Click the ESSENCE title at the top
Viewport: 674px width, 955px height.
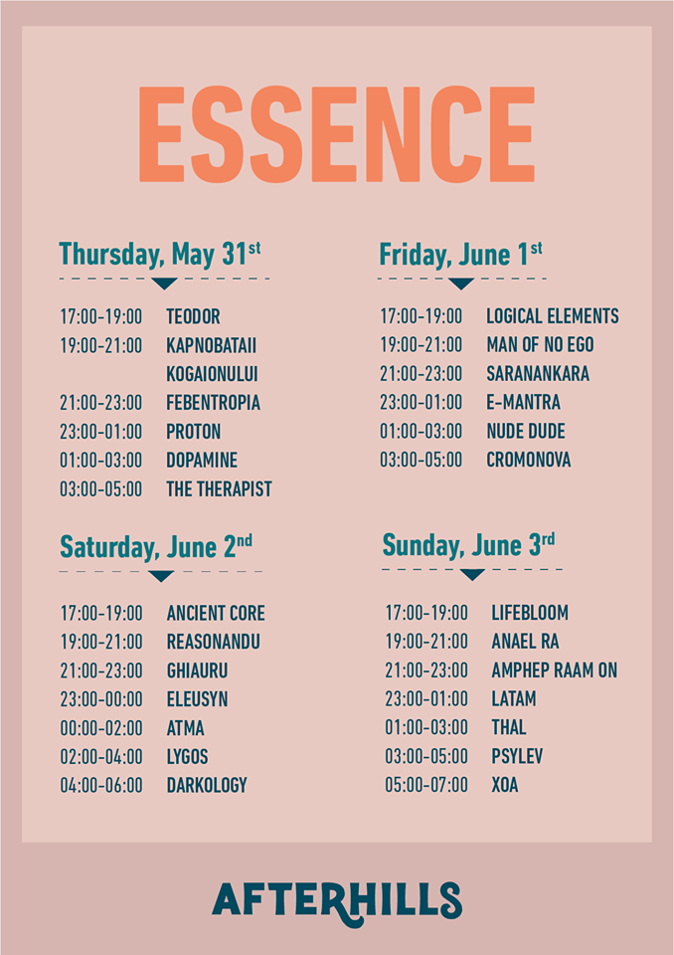pos(337,134)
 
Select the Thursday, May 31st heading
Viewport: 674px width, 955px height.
pos(159,255)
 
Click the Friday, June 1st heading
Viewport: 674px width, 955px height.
pos(460,255)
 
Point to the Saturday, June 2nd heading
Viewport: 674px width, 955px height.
pos(156,547)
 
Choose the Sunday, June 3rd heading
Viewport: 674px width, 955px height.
pos(468,545)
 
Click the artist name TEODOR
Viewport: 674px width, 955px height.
pos(193,316)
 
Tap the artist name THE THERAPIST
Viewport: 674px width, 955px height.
pos(219,489)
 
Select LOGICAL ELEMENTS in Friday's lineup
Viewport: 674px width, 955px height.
pos(553,316)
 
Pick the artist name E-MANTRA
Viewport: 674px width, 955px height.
pos(523,403)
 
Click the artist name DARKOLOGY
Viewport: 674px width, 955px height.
pos(207,785)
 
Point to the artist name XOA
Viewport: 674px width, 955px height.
pos(505,785)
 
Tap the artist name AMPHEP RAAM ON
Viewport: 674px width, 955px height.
pos(554,669)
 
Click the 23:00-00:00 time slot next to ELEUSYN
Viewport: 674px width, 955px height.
pos(101,699)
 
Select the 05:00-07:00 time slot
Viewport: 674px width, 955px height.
pos(426,785)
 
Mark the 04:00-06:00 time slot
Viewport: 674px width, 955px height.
pos(101,785)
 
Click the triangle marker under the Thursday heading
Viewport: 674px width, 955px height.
pos(164,284)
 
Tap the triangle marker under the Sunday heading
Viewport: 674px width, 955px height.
pos(472,574)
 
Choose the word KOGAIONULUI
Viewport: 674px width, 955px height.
pos(212,374)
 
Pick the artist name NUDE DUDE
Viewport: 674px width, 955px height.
pos(526,431)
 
